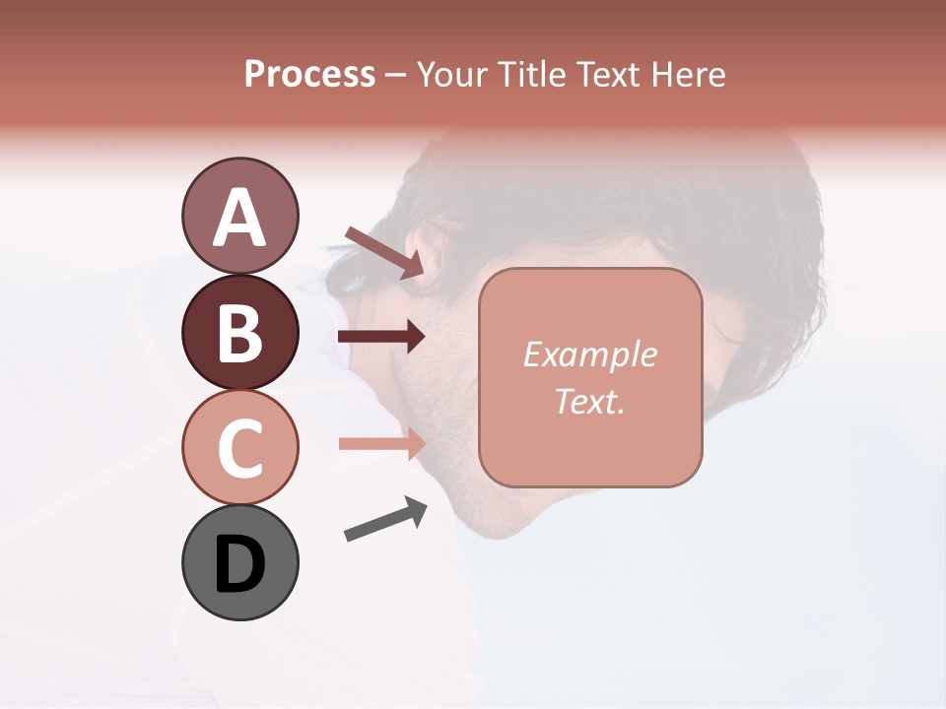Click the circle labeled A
[239, 216]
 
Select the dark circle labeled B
[239, 332]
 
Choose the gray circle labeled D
[239, 562]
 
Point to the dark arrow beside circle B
[381, 337]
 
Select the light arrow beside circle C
[381, 443]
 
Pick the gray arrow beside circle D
[385, 520]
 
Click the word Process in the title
[309, 75]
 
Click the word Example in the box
[589, 354]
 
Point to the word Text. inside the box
[589, 401]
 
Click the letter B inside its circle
[239, 332]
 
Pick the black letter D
[239, 564]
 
